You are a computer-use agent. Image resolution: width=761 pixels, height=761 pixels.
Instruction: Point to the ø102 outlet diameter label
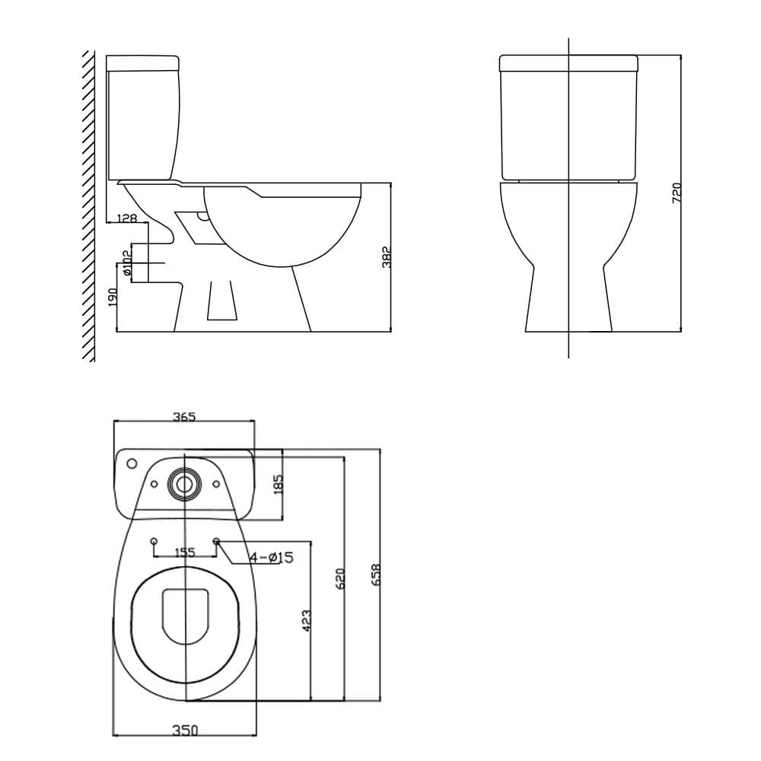(x=127, y=263)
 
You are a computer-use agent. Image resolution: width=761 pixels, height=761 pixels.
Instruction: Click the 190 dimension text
(x=112, y=296)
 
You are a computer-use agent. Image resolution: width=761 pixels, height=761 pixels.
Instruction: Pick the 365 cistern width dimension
(x=184, y=416)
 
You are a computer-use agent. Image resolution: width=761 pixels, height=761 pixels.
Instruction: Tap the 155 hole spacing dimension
(x=185, y=552)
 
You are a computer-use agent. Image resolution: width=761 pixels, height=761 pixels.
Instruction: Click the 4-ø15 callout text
(x=271, y=558)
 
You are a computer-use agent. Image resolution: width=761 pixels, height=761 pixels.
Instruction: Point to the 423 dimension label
(x=307, y=620)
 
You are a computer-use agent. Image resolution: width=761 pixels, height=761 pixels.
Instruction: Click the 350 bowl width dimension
(x=184, y=731)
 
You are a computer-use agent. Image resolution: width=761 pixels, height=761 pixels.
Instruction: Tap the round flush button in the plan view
(x=185, y=483)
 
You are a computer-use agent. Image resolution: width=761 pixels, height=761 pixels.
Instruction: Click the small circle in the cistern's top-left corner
(x=131, y=463)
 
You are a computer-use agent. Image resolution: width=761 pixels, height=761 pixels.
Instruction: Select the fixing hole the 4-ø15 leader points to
(x=217, y=541)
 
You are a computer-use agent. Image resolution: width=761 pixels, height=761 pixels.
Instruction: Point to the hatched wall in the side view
(x=88, y=205)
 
